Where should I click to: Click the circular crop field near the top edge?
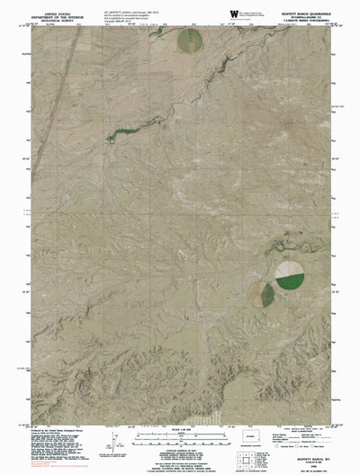click(x=189, y=40)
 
